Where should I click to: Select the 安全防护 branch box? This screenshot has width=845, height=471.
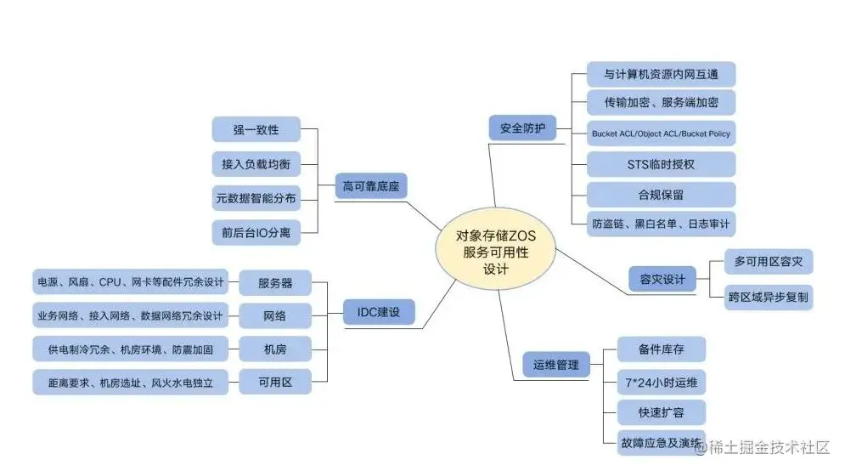(522, 129)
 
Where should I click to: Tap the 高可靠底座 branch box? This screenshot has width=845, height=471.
(371, 185)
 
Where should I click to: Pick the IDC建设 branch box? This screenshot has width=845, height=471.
(380, 313)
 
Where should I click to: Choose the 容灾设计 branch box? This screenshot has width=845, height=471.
(662, 278)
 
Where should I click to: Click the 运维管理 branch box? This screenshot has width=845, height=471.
(555, 366)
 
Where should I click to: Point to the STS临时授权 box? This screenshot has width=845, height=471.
(660, 164)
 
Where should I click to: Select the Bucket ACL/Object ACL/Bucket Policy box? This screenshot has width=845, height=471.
(661, 134)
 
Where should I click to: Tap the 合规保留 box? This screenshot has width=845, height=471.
(660, 194)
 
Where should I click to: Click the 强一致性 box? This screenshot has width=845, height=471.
(256, 130)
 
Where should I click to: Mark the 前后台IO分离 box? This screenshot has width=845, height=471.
(256, 232)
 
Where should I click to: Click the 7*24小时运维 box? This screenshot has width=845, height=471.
(661, 383)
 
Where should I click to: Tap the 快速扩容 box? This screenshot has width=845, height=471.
(661, 413)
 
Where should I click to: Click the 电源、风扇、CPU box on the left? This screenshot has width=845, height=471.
(130, 281)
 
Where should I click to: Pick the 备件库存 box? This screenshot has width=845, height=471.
(661, 349)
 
